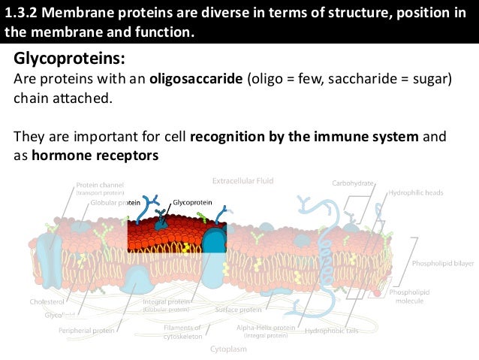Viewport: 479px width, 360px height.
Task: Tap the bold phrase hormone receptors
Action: pos(95,156)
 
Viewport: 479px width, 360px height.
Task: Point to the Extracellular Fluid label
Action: pos(243,181)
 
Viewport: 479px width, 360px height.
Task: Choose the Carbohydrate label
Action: pos(352,183)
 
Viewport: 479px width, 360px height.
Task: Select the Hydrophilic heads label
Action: pos(415,192)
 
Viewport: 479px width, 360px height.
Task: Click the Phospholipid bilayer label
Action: pos(443,264)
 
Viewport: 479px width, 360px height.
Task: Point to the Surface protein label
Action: pos(238,309)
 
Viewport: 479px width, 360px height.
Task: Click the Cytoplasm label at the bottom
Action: pos(230,349)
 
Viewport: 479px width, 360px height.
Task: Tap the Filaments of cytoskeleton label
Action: pos(182,332)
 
